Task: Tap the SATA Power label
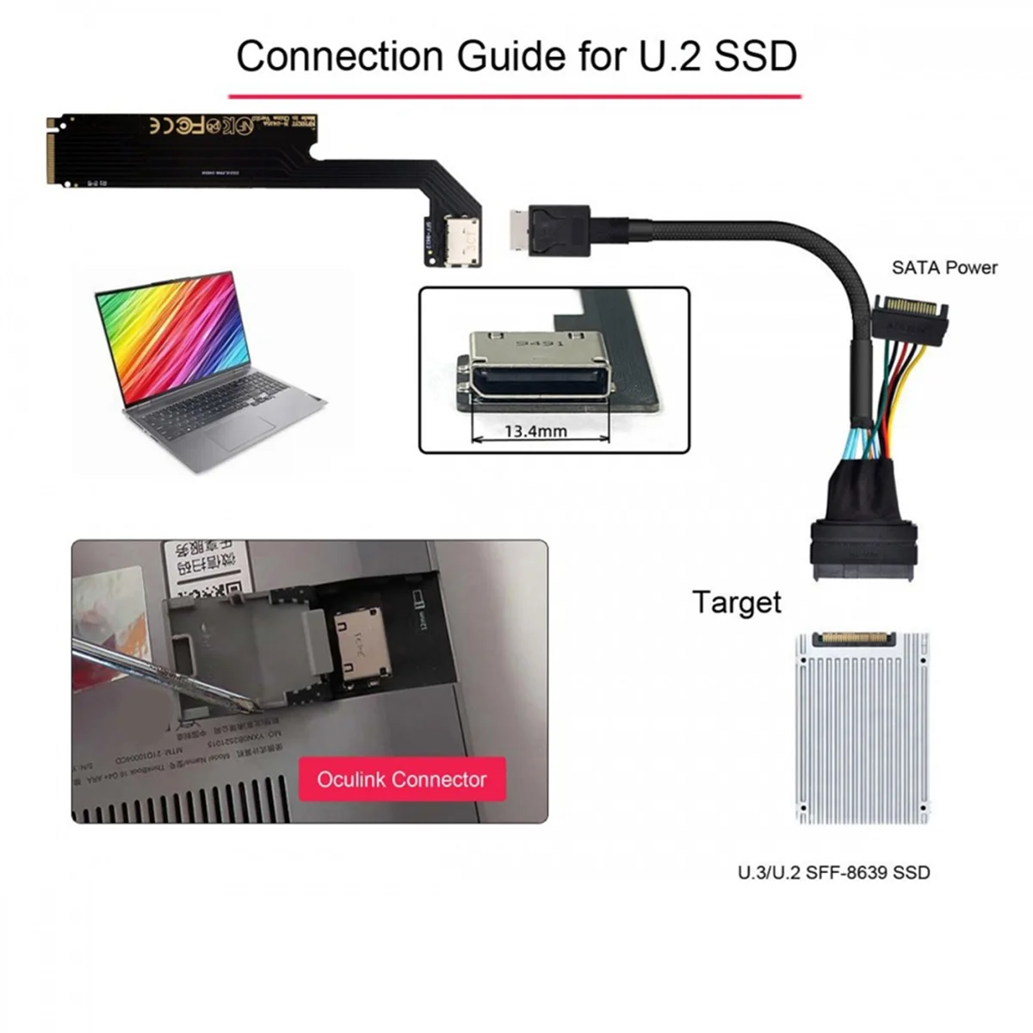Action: coord(944,268)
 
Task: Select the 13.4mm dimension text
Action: coord(535,430)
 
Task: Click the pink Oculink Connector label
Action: coord(402,780)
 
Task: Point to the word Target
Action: coord(736,602)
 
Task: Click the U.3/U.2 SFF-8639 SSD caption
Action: coord(833,873)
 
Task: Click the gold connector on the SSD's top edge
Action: coord(861,639)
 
